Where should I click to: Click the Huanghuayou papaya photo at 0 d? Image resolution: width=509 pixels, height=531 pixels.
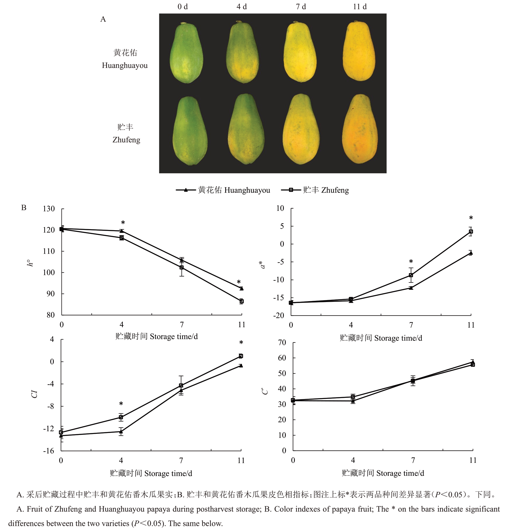coord(187,53)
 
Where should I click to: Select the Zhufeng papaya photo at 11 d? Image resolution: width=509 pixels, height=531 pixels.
coord(360,129)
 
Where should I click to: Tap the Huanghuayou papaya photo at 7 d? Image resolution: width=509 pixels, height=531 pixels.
coord(300,52)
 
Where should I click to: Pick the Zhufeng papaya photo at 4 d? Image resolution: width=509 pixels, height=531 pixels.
coord(246,129)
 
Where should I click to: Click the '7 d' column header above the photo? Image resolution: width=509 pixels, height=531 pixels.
coord(300,7)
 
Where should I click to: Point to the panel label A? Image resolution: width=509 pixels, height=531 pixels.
coord(103,19)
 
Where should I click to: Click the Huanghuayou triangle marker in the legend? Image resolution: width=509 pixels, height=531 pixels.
coord(186,190)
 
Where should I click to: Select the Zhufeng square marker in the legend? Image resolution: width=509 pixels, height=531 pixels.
coord(291,190)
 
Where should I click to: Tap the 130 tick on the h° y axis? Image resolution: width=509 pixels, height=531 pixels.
coord(49,209)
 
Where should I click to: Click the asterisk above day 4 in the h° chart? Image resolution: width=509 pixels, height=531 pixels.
coord(123,223)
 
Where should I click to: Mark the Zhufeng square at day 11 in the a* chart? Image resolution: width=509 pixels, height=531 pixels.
coord(471,232)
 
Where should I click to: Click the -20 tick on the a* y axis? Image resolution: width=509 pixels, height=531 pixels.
coord(279,315)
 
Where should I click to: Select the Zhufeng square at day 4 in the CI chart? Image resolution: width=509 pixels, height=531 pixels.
coord(121,417)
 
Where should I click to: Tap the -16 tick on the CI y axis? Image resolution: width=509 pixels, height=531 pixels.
coord(49,451)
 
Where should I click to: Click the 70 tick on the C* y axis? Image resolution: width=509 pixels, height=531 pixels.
coord(282,342)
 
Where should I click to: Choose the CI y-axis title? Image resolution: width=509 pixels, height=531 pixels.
coord(34,394)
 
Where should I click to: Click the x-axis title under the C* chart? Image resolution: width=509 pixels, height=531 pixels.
coord(383,473)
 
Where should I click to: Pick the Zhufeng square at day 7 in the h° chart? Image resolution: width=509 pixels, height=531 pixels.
coord(182,267)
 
